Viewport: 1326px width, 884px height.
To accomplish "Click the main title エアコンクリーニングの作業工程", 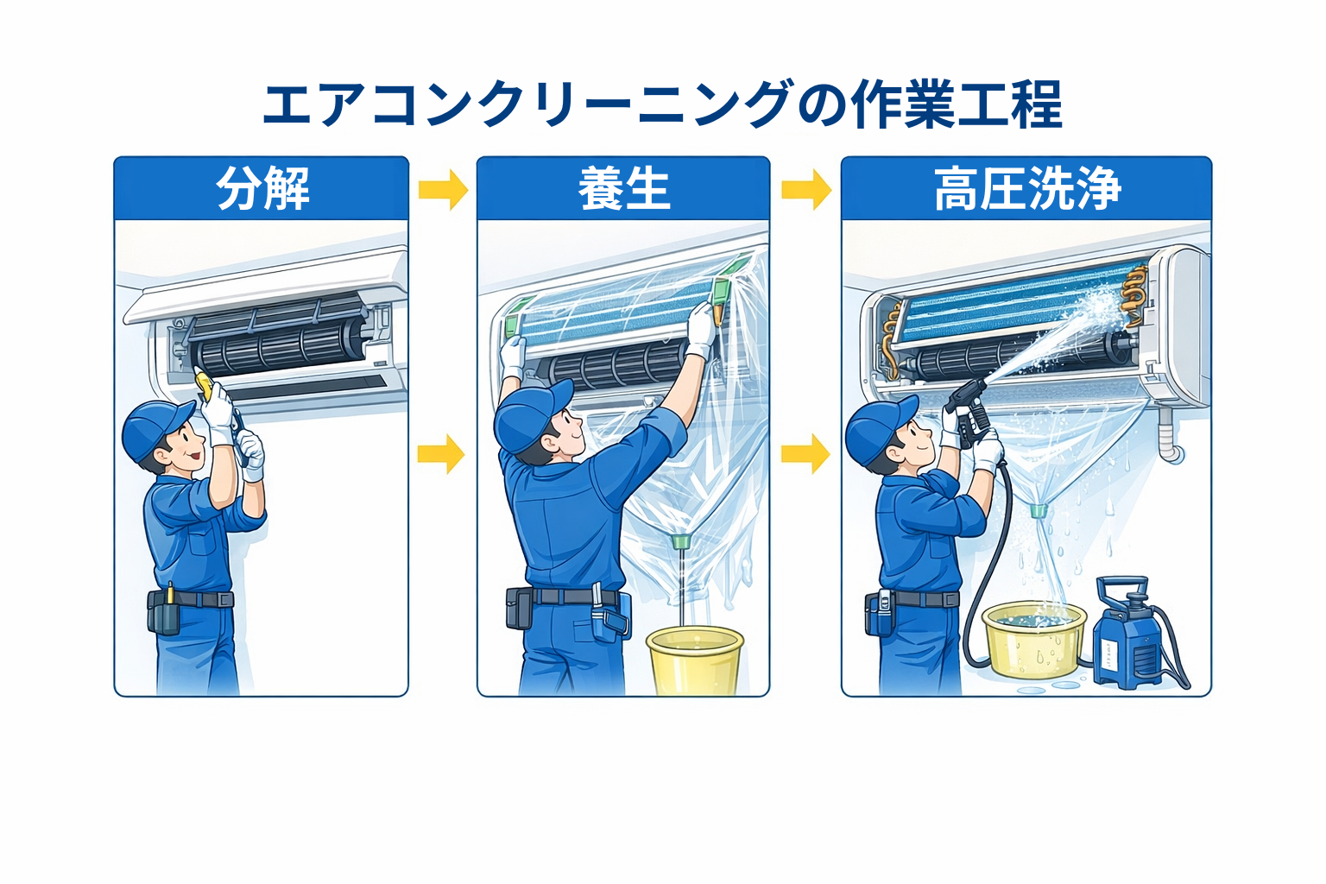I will [x=662, y=104].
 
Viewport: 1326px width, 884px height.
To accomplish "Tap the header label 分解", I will [x=262, y=189].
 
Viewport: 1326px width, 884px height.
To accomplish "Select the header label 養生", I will [x=623, y=189].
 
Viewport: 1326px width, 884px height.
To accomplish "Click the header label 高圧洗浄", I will [x=1026, y=189].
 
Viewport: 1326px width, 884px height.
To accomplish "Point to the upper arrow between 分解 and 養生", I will [x=443, y=189].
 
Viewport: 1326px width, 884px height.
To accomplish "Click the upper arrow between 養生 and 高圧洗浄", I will [x=805, y=189].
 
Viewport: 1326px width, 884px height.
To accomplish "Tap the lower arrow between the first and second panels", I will [x=441, y=454].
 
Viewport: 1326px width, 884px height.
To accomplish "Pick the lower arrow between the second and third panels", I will [x=805, y=454].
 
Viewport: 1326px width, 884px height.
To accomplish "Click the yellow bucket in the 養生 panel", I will [x=694, y=660].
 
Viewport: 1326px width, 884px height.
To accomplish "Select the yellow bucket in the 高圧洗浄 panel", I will [x=1034, y=639].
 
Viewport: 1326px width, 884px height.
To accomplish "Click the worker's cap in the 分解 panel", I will [x=155, y=427].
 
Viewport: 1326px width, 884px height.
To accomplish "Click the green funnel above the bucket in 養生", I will [x=680, y=542].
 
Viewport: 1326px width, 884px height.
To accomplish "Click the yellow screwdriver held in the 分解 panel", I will [x=204, y=382].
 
